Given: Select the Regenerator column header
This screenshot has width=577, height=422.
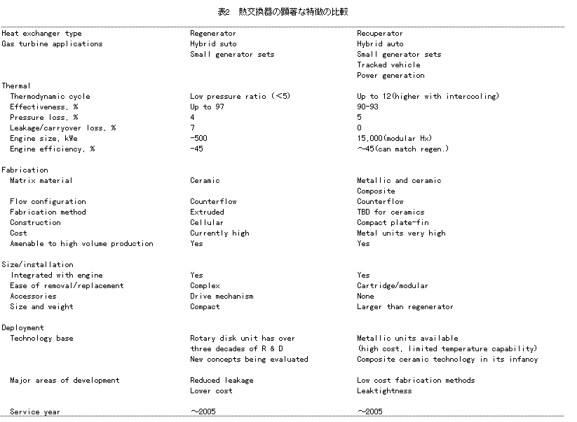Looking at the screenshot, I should [213, 33].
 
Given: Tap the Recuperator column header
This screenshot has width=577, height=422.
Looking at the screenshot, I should [380, 33].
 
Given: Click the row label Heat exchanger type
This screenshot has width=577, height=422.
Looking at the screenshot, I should [42, 33].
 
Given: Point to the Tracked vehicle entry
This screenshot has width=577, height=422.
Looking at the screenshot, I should [388, 64].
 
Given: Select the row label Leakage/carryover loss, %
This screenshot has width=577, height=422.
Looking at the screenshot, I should [63, 128].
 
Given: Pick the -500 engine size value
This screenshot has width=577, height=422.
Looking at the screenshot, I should [199, 138].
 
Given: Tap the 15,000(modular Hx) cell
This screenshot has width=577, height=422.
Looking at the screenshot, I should [395, 138].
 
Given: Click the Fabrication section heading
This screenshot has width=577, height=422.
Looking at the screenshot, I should [25, 170].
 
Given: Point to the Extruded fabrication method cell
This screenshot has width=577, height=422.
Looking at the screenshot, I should [208, 212].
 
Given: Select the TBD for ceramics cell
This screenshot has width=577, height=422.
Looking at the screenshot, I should [391, 212].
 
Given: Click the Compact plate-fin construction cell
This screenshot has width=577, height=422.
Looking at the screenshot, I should [393, 222].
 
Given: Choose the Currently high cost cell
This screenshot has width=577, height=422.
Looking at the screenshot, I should [219, 233].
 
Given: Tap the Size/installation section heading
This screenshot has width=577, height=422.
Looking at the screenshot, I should [38, 264].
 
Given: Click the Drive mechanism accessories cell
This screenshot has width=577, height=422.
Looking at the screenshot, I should [222, 296].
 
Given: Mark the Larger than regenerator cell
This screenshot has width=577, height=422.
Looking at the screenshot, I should [405, 306].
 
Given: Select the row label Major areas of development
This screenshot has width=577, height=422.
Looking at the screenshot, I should [65, 380].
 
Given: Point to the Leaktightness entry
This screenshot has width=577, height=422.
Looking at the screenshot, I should [384, 390].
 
